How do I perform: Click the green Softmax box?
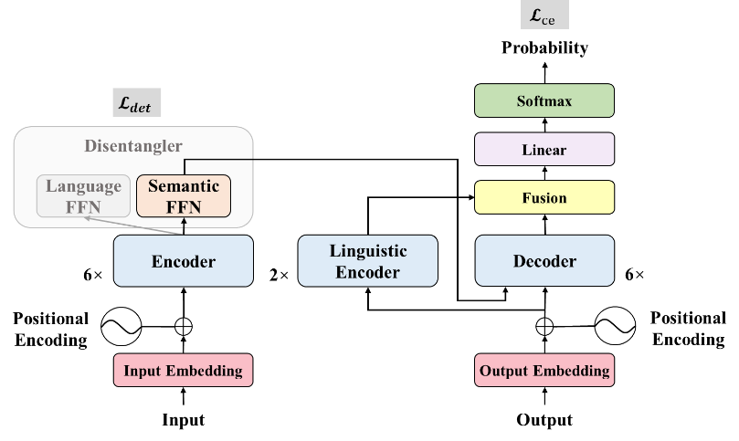click(x=544, y=100)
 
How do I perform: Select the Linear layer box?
click(x=544, y=150)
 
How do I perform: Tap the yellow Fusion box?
click(x=544, y=198)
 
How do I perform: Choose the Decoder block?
click(x=544, y=261)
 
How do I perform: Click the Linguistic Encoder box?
click(x=368, y=261)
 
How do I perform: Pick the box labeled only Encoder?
click(x=183, y=261)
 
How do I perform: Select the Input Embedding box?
click(x=183, y=371)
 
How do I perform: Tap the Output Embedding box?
click(x=544, y=371)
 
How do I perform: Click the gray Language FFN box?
click(x=83, y=195)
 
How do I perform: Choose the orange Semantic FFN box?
click(x=184, y=195)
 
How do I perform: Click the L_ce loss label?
click(x=544, y=15)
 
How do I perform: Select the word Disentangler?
click(x=133, y=146)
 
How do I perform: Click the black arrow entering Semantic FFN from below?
click(x=184, y=226)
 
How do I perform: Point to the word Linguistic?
click(x=368, y=251)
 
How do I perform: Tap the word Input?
click(x=143, y=371)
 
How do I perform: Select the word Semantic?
click(x=184, y=186)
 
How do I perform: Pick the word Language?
click(x=83, y=186)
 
